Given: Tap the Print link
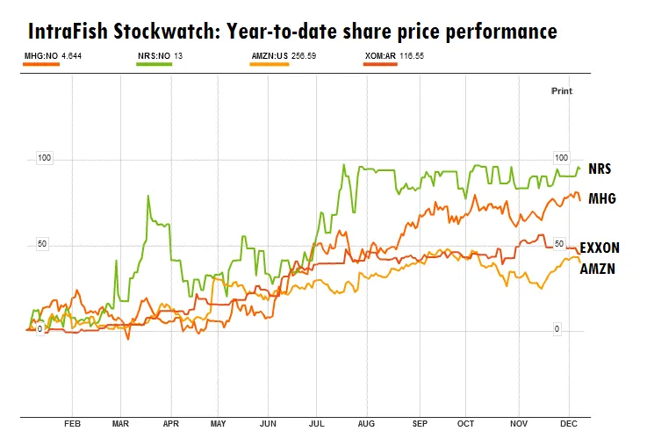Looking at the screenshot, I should click(561, 90).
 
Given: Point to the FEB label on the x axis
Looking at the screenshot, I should click(73, 422).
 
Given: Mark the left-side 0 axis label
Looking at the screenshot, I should click(40, 328).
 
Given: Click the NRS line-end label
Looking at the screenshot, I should click(600, 168).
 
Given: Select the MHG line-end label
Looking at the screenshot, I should click(601, 198).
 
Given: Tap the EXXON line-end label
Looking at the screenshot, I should click(600, 248).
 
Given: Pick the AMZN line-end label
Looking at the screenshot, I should click(598, 269).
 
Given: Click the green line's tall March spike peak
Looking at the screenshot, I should click(148, 196).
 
